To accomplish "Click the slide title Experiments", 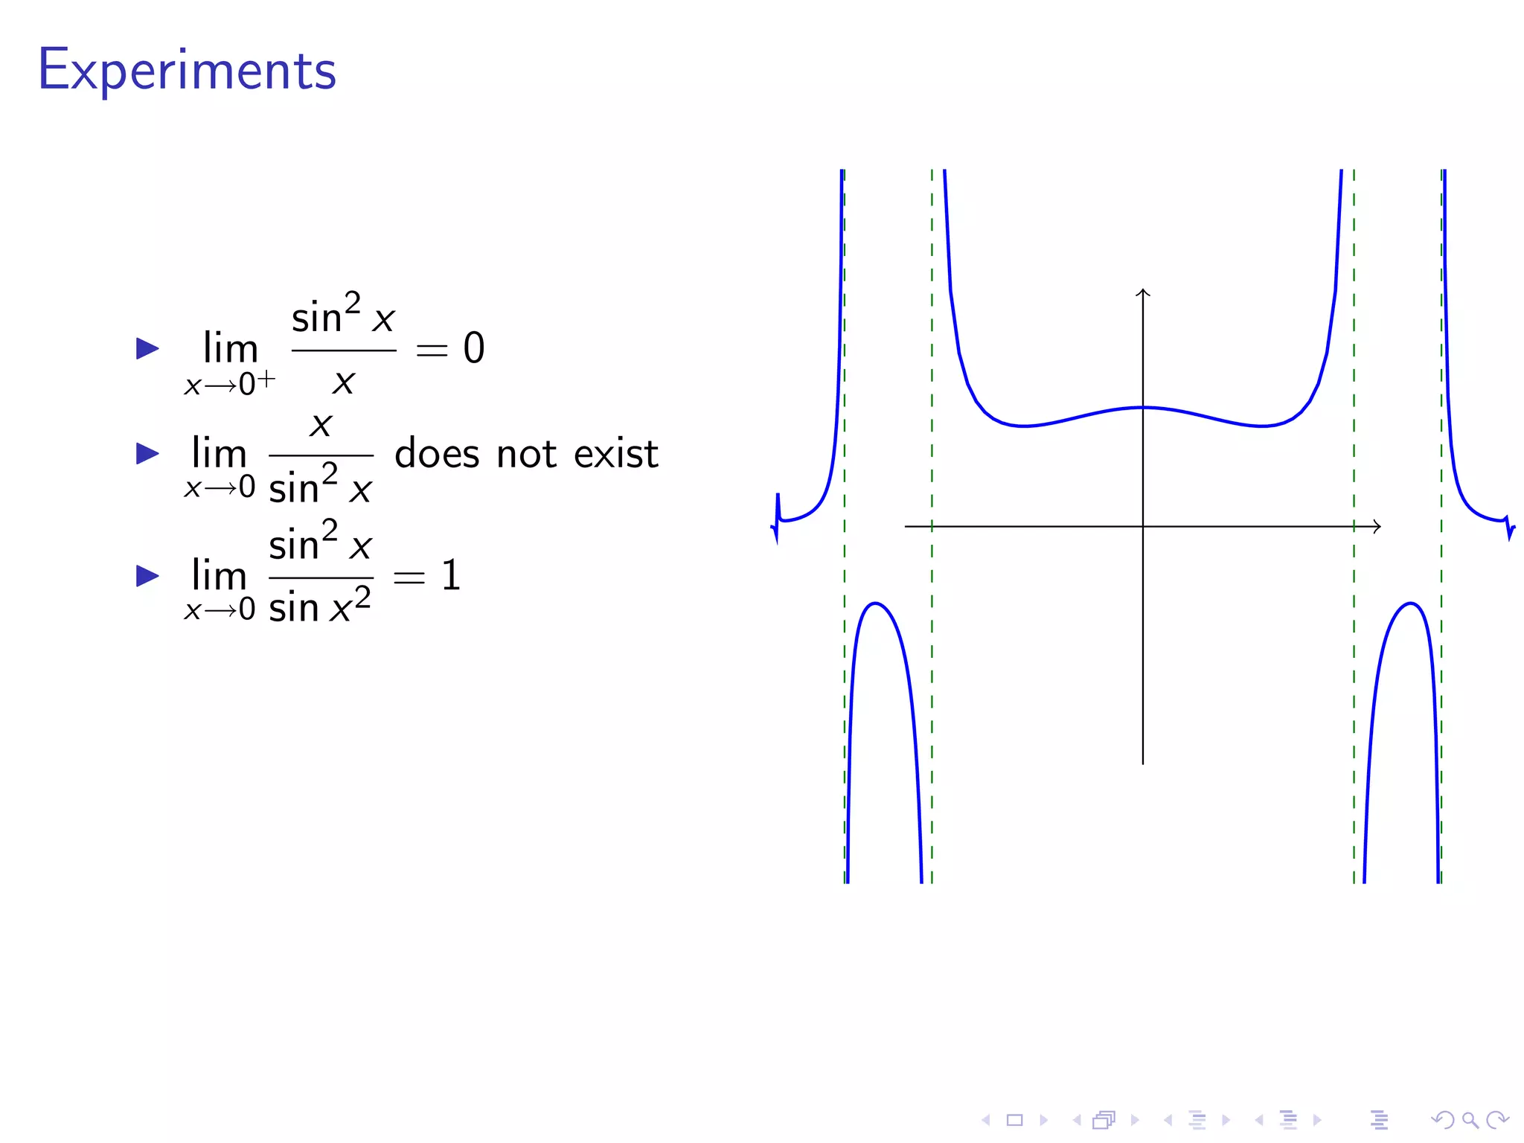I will click(x=187, y=71).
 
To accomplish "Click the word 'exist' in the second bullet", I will click(x=616, y=454).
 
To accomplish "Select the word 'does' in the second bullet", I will click(x=437, y=454).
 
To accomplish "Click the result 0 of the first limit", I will click(x=474, y=348).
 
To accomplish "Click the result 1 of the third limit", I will click(x=451, y=576).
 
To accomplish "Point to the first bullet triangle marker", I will click(x=147, y=348).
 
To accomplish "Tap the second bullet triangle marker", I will click(x=147, y=453).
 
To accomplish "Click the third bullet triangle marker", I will click(x=147, y=575).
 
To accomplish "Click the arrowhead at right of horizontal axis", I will click(x=1377, y=526).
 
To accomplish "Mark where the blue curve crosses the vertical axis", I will click(x=1143, y=408).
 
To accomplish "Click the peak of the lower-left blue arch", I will click(x=876, y=603).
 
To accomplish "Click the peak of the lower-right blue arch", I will click(x=1410, y=603).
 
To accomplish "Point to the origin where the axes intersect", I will click(x=1143, y=526).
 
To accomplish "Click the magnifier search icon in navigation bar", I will click(x=1470, y=1120).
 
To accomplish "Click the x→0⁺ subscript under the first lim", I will click(x=229, y=384).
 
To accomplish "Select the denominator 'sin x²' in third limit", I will click(x=320, y=606).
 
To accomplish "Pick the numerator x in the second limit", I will click(x=321, y=426).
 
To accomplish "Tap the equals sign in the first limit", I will click(x=432, y=350).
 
